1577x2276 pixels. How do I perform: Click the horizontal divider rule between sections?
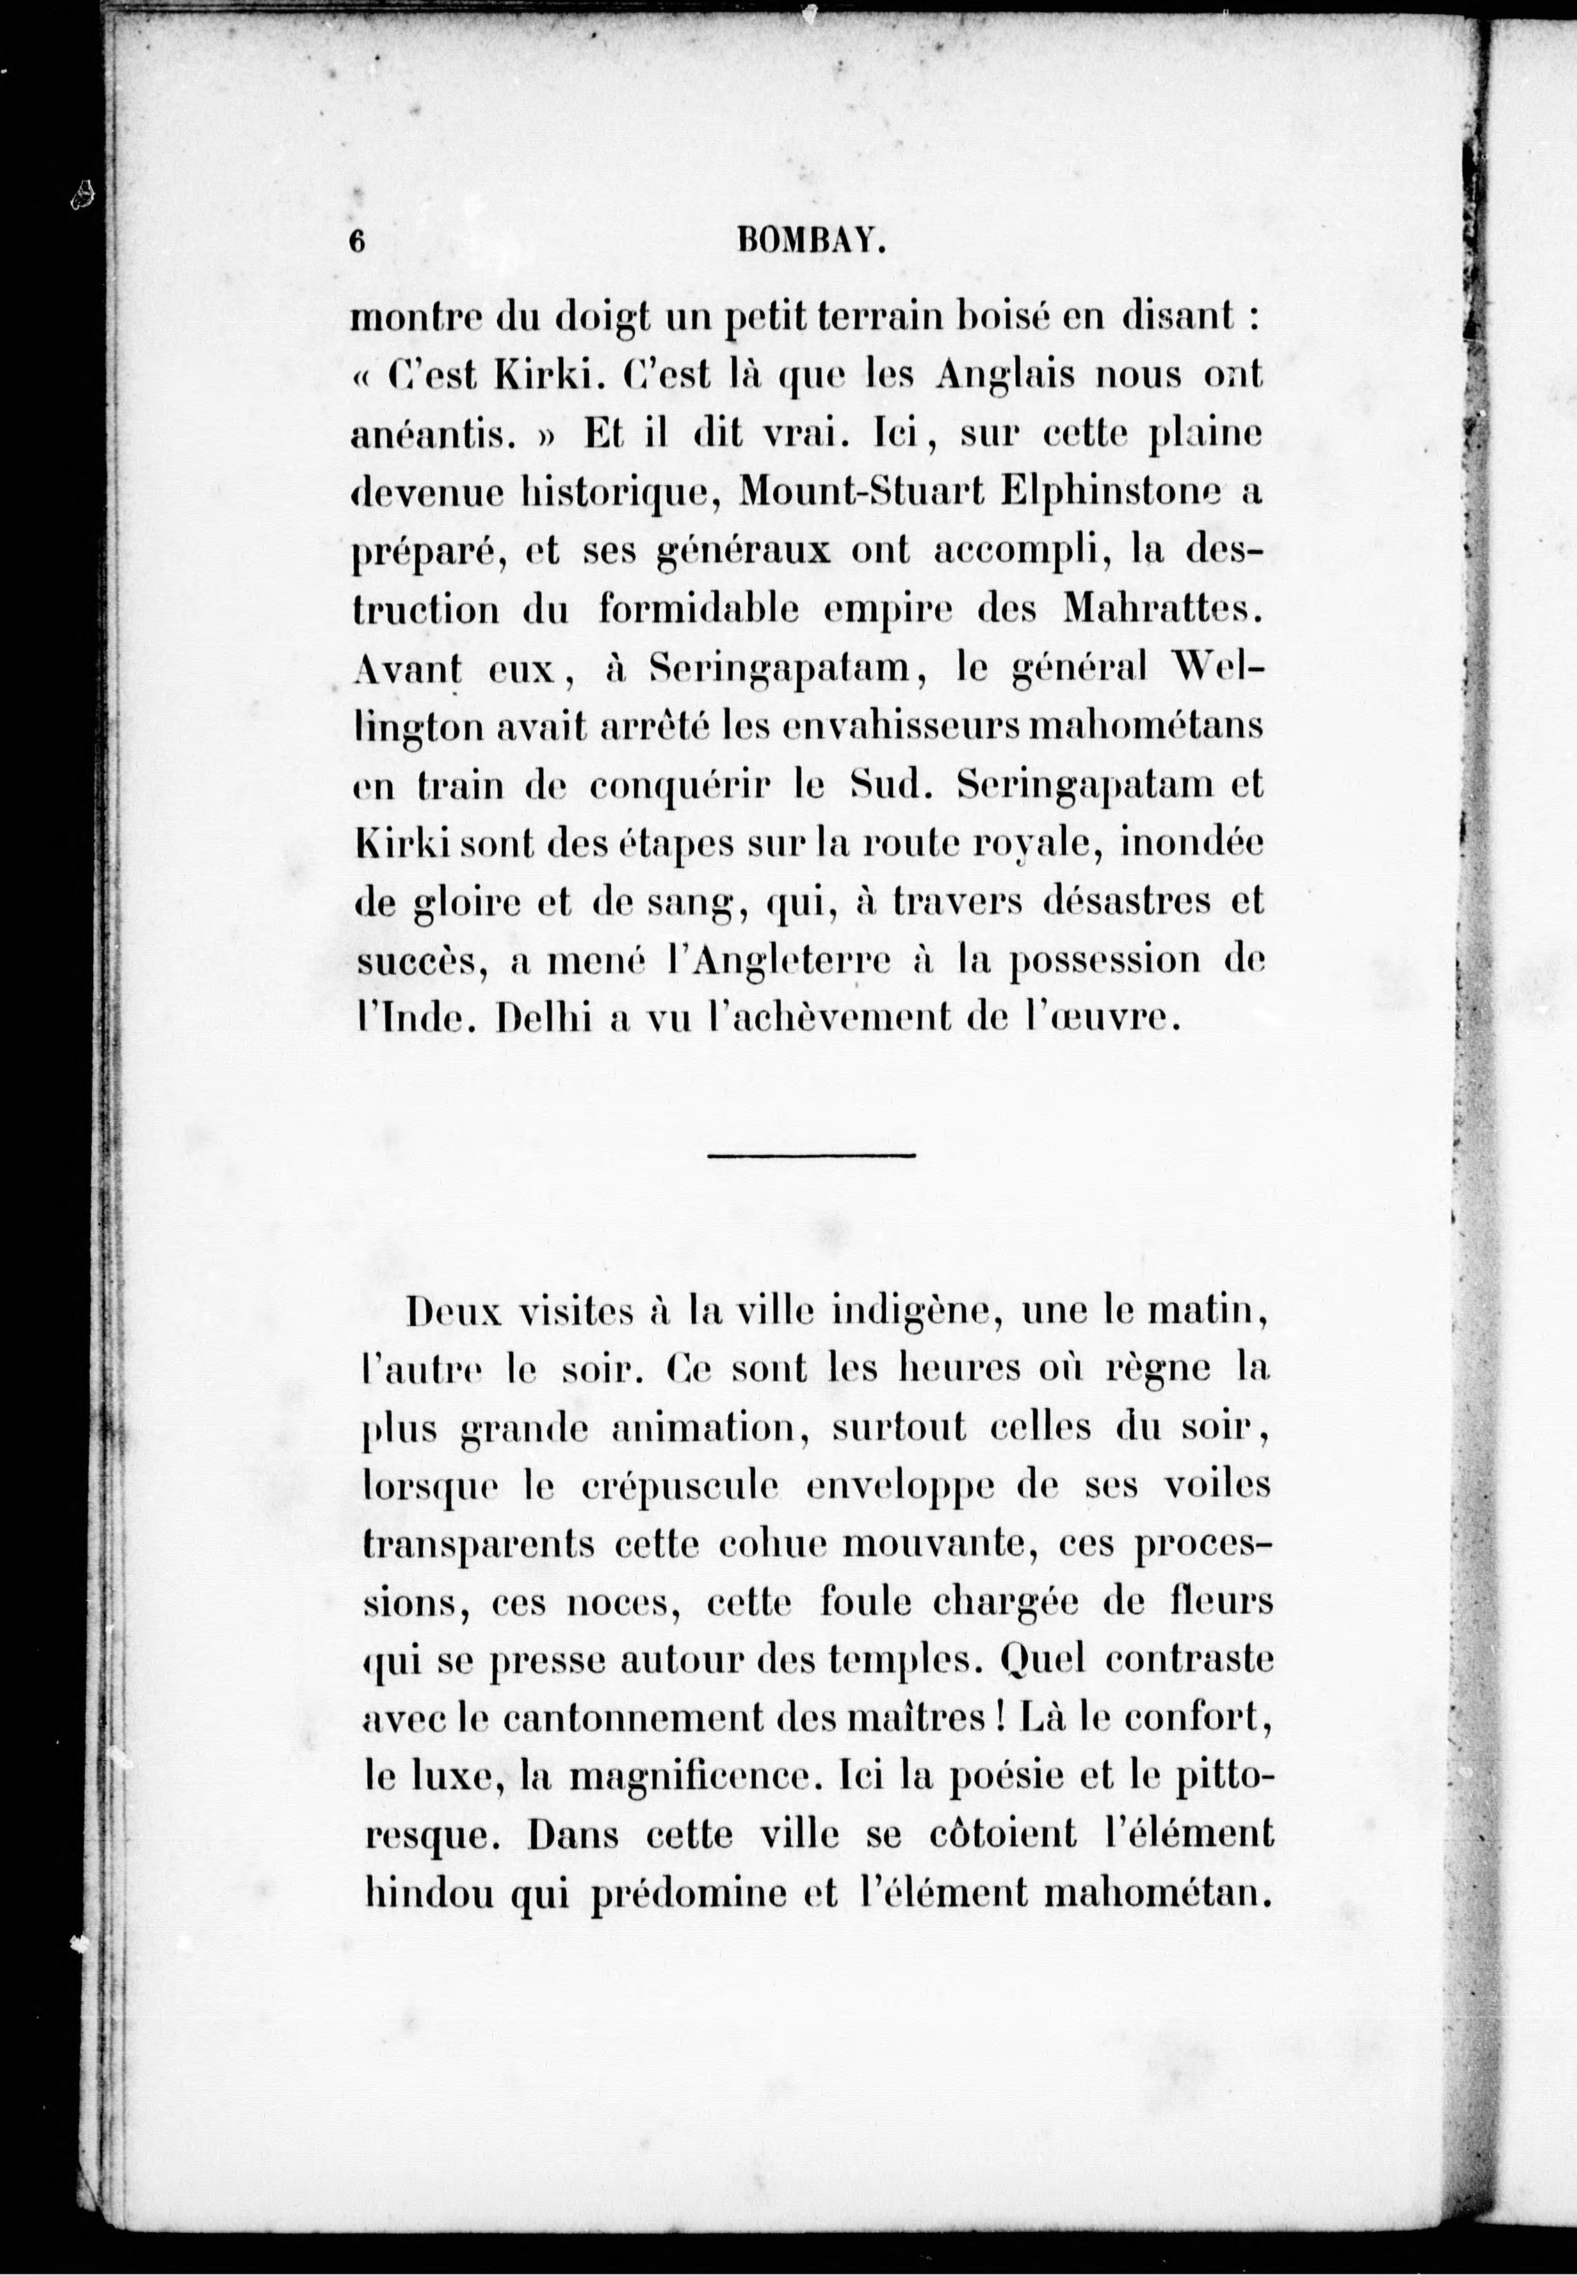tap(812, 1154)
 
